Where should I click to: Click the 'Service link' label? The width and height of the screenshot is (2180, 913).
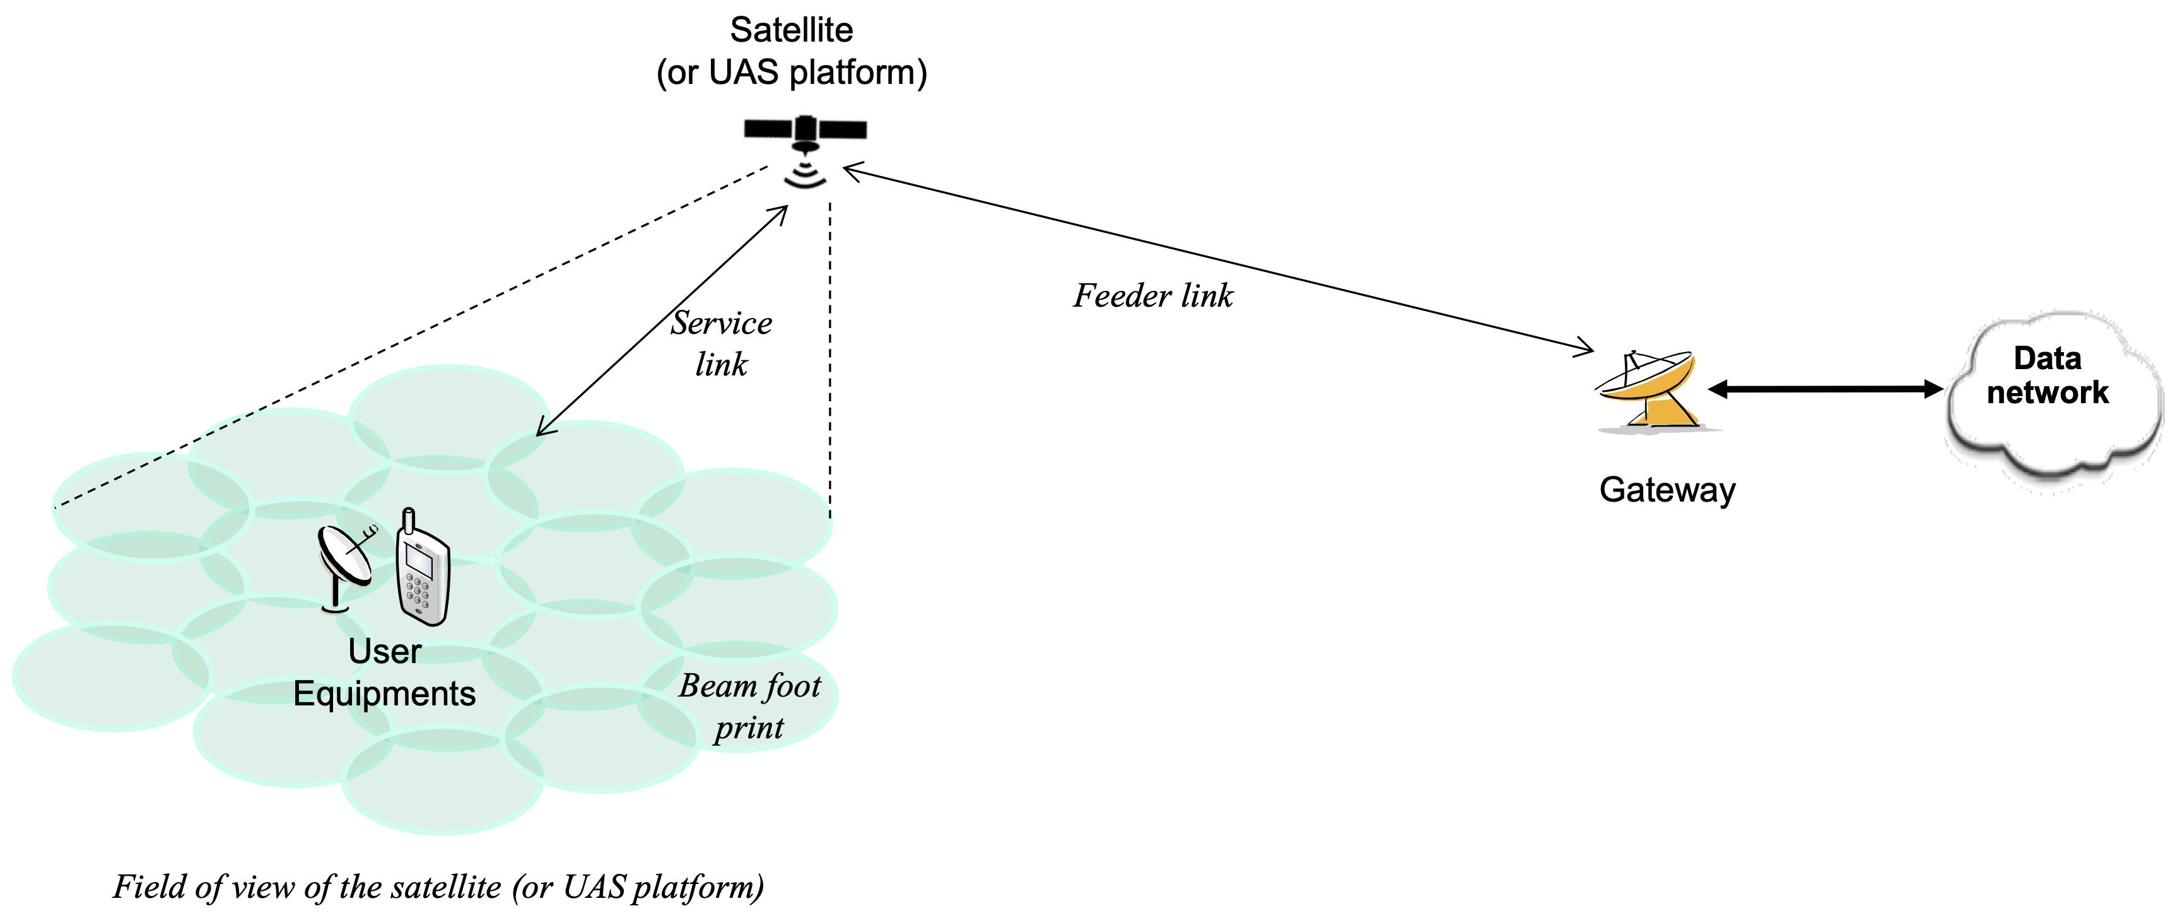coord(721,343)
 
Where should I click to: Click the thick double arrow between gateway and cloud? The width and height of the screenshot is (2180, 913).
coord(1826,389)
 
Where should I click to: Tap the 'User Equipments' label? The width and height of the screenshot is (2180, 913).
coord(384,673)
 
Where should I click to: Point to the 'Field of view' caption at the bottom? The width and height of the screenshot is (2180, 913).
coord(438,886)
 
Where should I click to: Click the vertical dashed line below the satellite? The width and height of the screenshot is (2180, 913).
coord(830,360)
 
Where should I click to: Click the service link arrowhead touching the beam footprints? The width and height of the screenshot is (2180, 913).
coord(545,427)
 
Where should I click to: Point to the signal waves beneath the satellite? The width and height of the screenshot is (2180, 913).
coord(805,174)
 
